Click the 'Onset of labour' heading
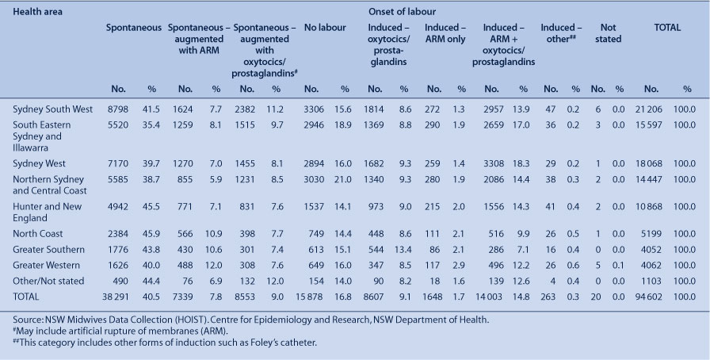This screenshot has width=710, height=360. coord(402,12)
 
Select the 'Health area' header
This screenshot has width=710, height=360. coord(37,12)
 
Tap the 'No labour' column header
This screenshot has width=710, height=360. coord(325,28)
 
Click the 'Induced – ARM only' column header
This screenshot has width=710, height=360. coord(445,33)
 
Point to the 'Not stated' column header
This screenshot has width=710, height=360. coord(608,33)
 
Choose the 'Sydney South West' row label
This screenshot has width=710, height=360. coord(52,109)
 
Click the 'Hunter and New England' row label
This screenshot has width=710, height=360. coord(47,213)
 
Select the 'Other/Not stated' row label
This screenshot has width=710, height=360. coord(48,281)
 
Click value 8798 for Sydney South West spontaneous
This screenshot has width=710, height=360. coord(118,109)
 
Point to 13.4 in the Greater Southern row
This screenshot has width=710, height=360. coord(403,250)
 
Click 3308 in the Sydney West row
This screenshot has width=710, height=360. coord(493,163)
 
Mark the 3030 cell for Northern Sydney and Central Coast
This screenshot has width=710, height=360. coord(314,179)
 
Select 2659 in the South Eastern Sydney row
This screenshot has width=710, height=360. coord(493,125)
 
